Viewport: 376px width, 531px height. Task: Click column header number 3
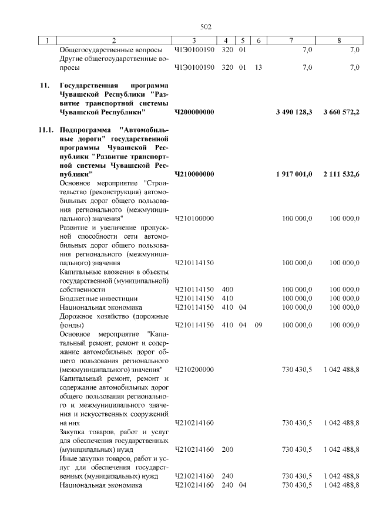pos(194,40)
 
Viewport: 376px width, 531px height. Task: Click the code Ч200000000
pos(194,111)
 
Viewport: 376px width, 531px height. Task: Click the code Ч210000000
pos(194,174)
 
